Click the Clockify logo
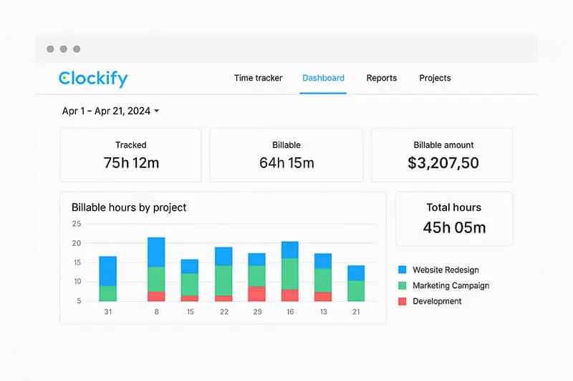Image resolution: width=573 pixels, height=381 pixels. click(93, 78)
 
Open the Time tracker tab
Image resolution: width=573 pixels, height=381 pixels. click(258, 78)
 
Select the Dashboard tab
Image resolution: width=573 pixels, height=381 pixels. click(323, 78)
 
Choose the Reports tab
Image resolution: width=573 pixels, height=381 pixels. click(381, 78)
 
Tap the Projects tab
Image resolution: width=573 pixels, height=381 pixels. click(435, 78)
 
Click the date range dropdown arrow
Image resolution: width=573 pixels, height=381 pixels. click(157, 112)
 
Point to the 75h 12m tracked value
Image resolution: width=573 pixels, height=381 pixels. click(131, 163)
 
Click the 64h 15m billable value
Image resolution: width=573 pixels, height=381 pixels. click(286, 163)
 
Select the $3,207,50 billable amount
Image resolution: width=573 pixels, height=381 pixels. click(443, 163)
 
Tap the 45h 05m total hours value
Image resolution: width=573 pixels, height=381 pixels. click(454, 227)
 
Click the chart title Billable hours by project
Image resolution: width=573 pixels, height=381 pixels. click(129, 207)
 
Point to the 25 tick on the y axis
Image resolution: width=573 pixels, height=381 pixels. click(77, 224)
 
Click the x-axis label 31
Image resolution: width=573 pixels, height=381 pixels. click(107, 312)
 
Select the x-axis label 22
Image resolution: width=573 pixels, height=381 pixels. click(223, 312)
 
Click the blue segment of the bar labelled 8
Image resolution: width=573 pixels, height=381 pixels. click(156, 252)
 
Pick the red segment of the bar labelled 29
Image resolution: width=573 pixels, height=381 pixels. click(256, 294)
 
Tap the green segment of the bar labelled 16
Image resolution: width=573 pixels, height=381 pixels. click(290, 274)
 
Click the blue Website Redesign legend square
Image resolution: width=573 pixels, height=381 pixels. click(402, 270)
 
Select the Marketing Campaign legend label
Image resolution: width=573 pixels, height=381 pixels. click(451, 286)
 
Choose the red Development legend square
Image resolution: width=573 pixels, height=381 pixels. click(402, 302)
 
